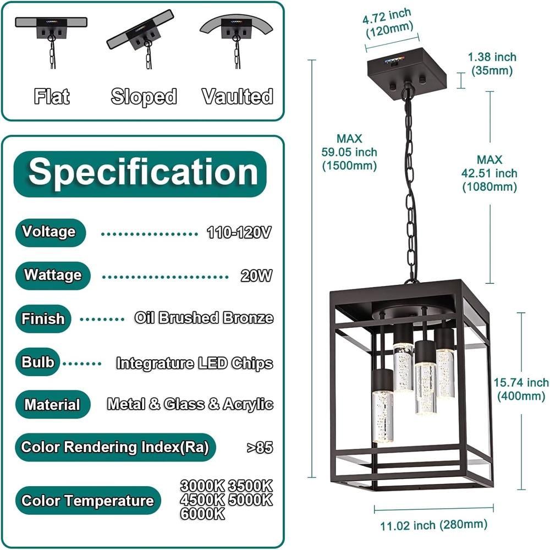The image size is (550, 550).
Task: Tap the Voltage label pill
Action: (x=49, y=232)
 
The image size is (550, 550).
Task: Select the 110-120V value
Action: (x=239, y=233)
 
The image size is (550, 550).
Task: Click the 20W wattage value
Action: (x=256, y=276)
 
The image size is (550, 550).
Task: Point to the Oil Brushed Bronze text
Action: (x=204, y=318)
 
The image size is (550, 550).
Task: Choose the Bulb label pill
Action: (x=38, y=362)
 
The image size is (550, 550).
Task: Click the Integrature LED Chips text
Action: (x=194, y=363)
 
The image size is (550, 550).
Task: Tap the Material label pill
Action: (x=52, y=405)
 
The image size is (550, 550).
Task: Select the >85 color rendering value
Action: (x=259, y=447)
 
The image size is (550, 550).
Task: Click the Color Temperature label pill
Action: (x=87, y=501)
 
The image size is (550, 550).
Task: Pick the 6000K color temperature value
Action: (x=202, y=514)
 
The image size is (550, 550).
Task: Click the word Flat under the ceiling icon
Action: (x=52, y=97)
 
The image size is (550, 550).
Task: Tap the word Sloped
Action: (x=144, y=97)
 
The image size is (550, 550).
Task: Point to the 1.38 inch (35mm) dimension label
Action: (x=492, y=64)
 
